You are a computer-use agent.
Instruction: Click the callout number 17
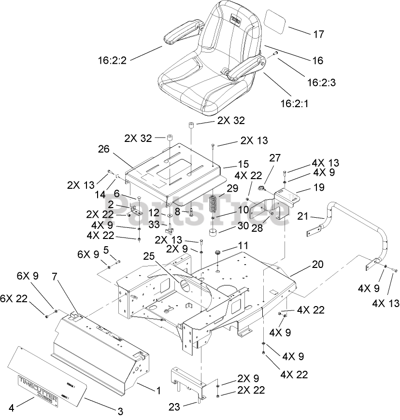click(318, 34)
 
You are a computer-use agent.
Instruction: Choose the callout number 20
click(317, 264)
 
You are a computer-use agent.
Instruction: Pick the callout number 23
click(174, 407)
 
